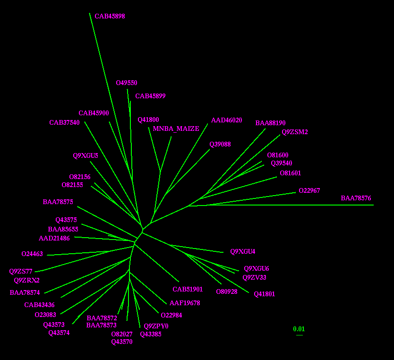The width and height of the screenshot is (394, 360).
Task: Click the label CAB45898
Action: (x=110, y=17)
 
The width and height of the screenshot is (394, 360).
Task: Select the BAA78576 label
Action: (x=356, y=198)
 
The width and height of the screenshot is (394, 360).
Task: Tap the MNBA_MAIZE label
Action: (x=176, y=129)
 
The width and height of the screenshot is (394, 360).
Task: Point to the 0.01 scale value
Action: (x=299, y=329)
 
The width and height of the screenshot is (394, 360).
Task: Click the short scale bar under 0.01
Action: (x=299, y=335)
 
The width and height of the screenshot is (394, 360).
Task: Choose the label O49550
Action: (x=127, y=83)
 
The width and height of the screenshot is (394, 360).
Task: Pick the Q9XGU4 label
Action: (x=243, y=251)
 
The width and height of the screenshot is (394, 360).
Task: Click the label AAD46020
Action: (x=226, y=120)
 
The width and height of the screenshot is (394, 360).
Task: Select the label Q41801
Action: (x=265, y=294)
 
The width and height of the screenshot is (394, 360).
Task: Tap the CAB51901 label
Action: (x=188, y=290)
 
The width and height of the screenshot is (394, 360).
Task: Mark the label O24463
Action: (x=32, y=254)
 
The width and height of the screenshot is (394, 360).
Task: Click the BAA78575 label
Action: (x=58, y=202)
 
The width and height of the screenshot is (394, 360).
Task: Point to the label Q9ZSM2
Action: (x=294, y=132)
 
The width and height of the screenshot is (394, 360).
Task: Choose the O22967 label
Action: (x=309, y=191)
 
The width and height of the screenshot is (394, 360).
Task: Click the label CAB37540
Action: (x=64, y=122)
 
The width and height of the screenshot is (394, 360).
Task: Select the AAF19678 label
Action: (x=185, y=303)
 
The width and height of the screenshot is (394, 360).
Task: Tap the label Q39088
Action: (x=220, y=145)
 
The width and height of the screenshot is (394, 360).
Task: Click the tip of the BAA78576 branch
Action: (x=374, y=205)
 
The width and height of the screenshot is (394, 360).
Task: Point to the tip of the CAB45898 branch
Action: (x=89, y=13)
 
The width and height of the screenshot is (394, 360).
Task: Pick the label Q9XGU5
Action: (x=86, y=156)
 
